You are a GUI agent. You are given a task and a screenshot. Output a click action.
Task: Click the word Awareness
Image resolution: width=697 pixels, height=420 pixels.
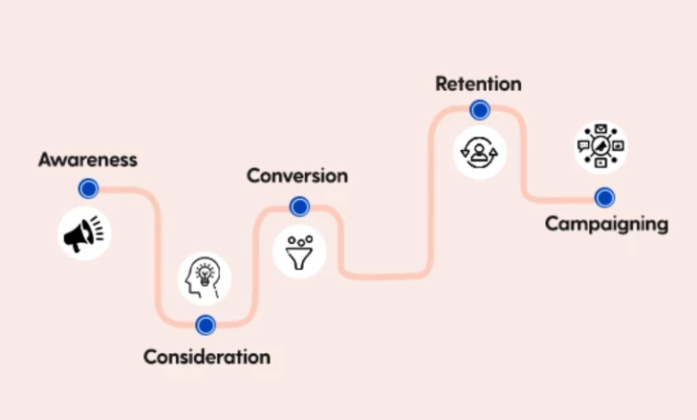click(x=88, y=160)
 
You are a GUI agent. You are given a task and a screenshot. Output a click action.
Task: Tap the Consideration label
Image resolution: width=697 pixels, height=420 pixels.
click(x=206, y=357)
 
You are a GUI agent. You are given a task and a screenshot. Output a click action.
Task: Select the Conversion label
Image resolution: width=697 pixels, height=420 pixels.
click(x=298, y=175)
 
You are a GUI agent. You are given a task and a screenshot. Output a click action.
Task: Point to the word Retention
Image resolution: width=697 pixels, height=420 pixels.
click(x=478, y=84)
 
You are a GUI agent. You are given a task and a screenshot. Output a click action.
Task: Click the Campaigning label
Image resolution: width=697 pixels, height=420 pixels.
click(x=606, y=223)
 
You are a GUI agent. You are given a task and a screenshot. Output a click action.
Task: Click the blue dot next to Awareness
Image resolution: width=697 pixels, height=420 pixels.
click(x=88, y=189)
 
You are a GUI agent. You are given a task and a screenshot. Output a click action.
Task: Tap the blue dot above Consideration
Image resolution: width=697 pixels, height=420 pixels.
click(x=206, y=324)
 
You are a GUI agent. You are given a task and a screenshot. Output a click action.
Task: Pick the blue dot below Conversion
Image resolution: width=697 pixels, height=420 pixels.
click(x=299, y=207)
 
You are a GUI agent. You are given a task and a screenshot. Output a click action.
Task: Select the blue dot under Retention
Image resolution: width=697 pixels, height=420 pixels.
click(x=480, y=110)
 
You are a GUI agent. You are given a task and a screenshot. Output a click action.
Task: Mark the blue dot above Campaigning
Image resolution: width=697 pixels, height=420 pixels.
click(x=605, y=197)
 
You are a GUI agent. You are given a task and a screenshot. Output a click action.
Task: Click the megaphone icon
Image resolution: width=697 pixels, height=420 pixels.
click(x=83, y=234)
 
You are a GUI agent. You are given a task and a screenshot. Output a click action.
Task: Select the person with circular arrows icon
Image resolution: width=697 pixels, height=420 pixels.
click(x=478, y=152)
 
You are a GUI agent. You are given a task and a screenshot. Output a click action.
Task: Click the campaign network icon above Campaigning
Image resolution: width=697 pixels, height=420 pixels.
click(x=600, y=147)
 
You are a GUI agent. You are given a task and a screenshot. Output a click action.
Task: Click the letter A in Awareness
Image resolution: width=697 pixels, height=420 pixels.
click(x=45, y=160)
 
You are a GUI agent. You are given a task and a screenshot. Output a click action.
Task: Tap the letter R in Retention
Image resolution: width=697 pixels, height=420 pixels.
click(x=441, y=84)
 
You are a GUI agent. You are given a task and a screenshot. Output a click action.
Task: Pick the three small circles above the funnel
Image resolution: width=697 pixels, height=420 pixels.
click(x=298, y=239)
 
